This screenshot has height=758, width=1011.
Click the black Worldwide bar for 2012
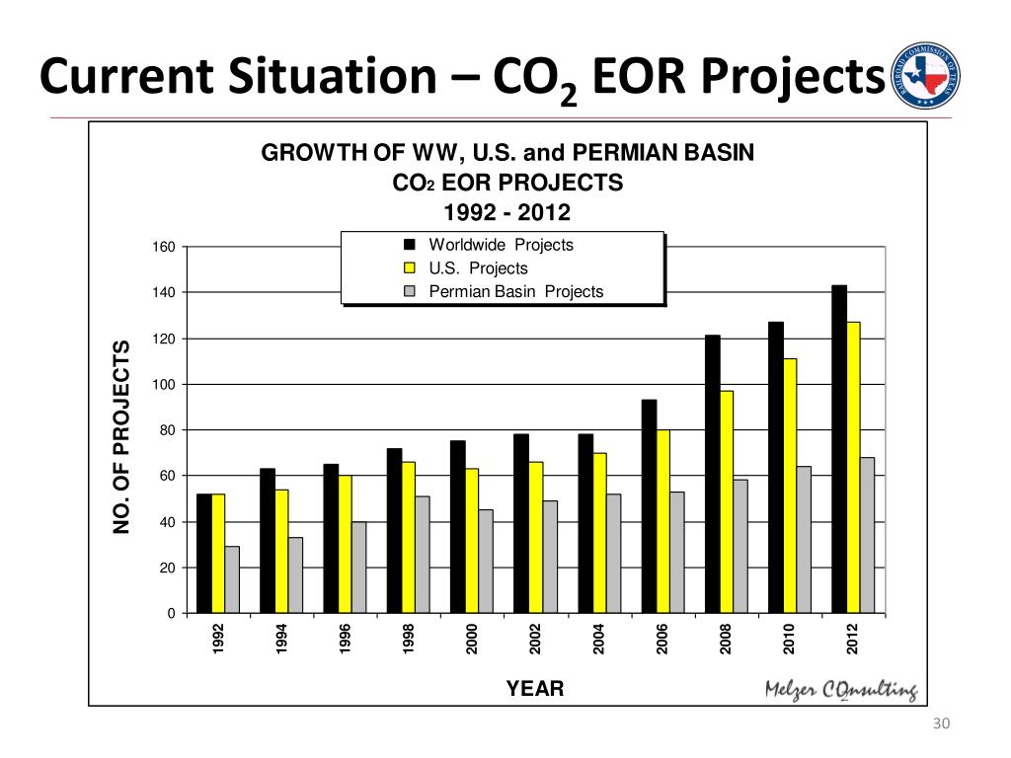tap(839, 449)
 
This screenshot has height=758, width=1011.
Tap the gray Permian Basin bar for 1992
tap(232, 580)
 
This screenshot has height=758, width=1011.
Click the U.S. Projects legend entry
tap(478, 268)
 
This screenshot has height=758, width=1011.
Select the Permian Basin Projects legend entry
tap(515, 292)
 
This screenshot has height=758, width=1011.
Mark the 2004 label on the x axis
tap(599, 641)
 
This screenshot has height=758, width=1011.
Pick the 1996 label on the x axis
tap(346, 641)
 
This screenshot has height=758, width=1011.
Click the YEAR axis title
tap(535, 689)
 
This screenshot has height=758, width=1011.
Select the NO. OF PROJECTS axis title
tap(122, 436)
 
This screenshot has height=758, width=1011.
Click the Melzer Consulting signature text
tap(841, 691)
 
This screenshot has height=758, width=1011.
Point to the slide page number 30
tap(940, 726)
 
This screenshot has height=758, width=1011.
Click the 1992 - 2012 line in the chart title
tap(507, 213)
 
